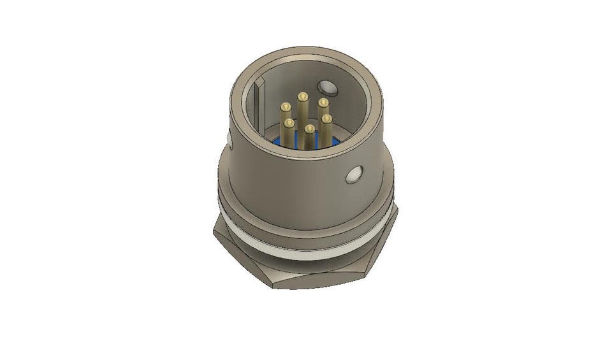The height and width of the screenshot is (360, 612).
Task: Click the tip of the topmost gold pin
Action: point(302,97)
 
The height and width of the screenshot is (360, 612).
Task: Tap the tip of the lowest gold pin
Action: point(309,129)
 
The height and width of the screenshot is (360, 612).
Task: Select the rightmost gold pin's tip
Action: point(326,119)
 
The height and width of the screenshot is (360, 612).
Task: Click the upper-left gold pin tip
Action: point(284,108)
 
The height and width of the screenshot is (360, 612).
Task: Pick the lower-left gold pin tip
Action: point(289,122)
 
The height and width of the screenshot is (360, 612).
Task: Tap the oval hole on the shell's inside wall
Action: point(327,87)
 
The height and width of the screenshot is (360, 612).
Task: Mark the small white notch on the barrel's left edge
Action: point(228,140)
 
